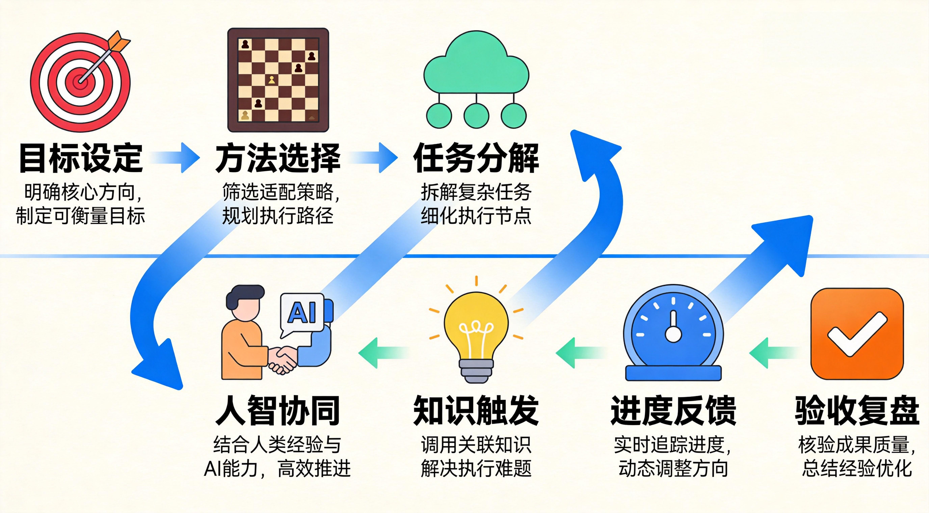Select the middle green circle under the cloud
[x=476, y=115]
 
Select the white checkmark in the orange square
[x=857, y=333]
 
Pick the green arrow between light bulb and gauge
[x=581, y=353]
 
